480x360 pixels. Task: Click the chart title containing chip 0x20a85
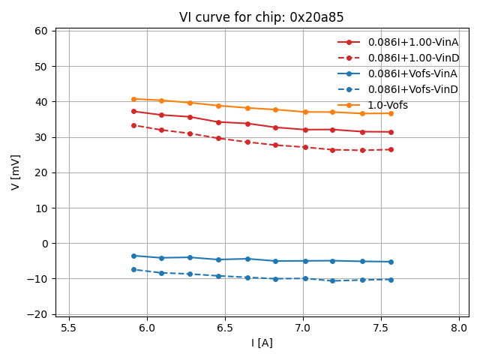[x=261, y=17]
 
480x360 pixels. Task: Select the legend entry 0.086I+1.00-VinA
[x=413, y=42]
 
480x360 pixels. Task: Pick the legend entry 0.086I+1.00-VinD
[x=413, y=58]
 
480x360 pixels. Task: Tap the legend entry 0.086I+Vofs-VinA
[x=412, y=73]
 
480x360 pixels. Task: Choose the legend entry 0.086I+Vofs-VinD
[x=412, y=89]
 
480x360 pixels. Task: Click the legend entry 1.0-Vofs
[x=388, y=105]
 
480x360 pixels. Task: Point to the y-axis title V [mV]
[x=16, y=172]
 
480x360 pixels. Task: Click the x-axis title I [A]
[x=262, y=343]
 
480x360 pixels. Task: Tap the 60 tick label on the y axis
[x=40, y=31]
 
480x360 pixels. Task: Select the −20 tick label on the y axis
[x=37, y=314]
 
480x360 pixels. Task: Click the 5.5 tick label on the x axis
[x=69, y=328]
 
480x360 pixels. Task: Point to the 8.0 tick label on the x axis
[x=459, y=328]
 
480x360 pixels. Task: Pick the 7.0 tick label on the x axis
[x=303, y=328]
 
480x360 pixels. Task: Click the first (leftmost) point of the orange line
[x=133, y=99]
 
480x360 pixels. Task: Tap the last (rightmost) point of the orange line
[x=390, y=113]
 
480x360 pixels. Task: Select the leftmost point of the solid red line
[x=133, y=111]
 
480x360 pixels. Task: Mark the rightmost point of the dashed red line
[x=390, y=149]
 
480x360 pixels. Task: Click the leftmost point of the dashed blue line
[x=133, y=269]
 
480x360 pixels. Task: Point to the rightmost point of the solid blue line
[x=390, y=262]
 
